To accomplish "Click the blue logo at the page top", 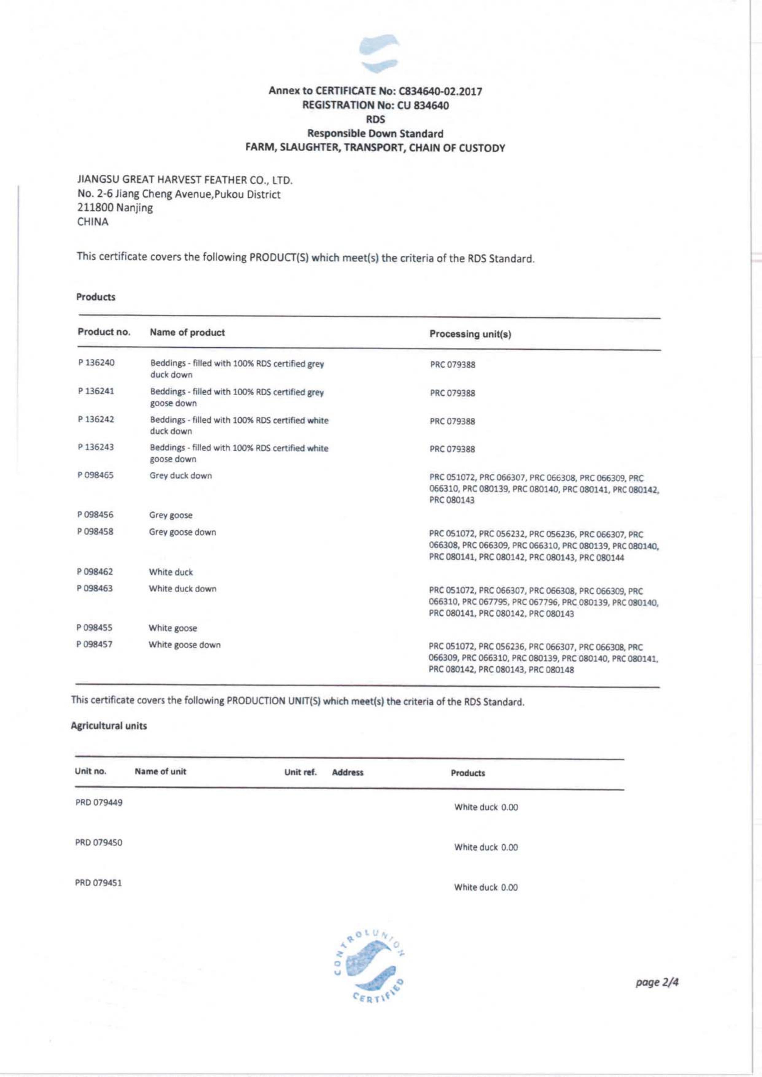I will pyautogui.click(x=379, y=53).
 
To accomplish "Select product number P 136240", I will pyautogui.click(x=96, y=362).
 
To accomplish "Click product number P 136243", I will pyautogui.click(x=96, y=447).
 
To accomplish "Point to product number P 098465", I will pyautogui.click(x=96, y=475).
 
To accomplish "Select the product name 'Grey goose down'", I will pyautogui.click(x=183, y=532).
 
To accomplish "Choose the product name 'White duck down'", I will pyautogui.click(x=183, y=589).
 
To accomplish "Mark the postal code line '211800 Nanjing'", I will pyautogui.click(x=115, y=208).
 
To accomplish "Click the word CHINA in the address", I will pyautogui.click(x=92, y=222).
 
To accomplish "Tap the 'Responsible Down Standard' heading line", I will pyautogui.click(x=375, y=134).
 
